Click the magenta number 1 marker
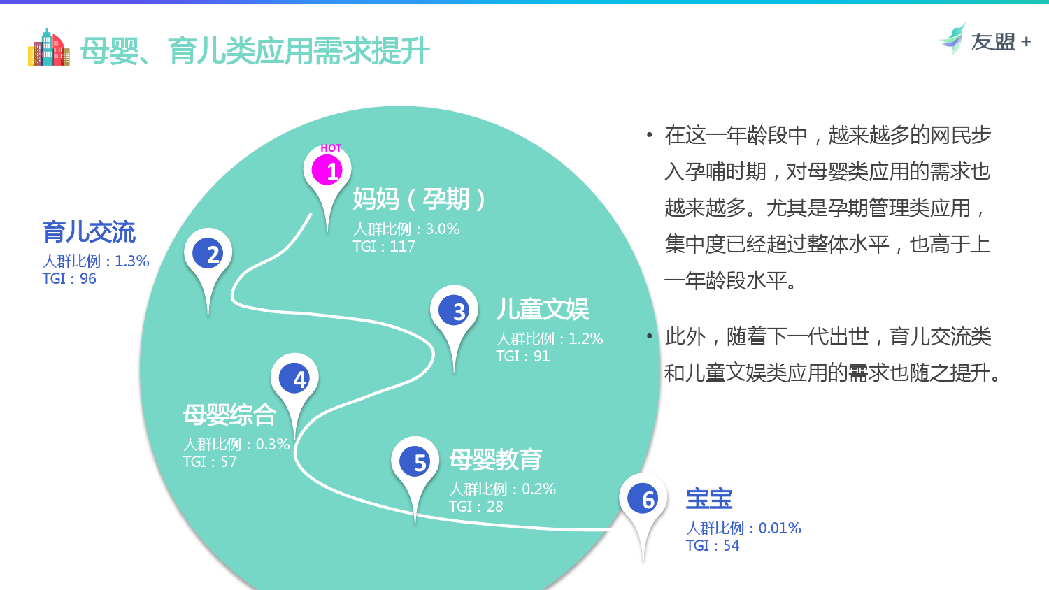click(x=327, y=171)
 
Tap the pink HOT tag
click(x=331, y=148)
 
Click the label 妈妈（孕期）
click(x=419, y=199)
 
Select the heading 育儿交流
click(x=89, y=232)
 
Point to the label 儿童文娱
click(x=542, y=309)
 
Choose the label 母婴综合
click(x=229, y=415)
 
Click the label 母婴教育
click(x=495, y=459)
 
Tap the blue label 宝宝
click(x=709, y=498)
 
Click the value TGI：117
click(x=384, y=246)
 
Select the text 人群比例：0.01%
click(x=743, y=528)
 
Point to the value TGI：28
click(x=476, y=506)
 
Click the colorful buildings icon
click(x=49, y=48)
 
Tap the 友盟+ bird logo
click(x=952, y=39)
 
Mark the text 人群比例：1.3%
click(x=96, y=261)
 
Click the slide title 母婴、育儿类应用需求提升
click(x=255, y=50)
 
